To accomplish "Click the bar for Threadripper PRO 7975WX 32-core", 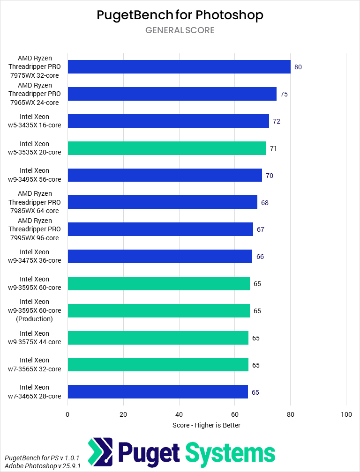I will (179, 67).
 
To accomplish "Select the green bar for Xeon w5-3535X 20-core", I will (167, 148).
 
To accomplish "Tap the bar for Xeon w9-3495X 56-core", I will (165, 175).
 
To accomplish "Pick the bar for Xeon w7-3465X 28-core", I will (157, 392).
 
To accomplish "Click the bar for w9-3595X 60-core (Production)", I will (158, 310).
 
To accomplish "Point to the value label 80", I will (298, 67).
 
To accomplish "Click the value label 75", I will (284, 94).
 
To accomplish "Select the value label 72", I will (277, 121).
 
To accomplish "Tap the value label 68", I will (265, 203).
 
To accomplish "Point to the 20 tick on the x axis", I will (123, 414).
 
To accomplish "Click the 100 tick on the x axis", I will (346, 414).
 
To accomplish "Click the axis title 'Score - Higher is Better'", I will (206, 425).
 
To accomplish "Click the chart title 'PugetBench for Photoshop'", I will (180, 15).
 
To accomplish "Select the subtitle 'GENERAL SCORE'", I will (180, 30).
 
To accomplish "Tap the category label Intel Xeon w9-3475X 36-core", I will (34, 256).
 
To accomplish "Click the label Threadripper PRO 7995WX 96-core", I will (34, 229).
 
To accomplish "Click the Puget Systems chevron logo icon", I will (100, 452).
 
